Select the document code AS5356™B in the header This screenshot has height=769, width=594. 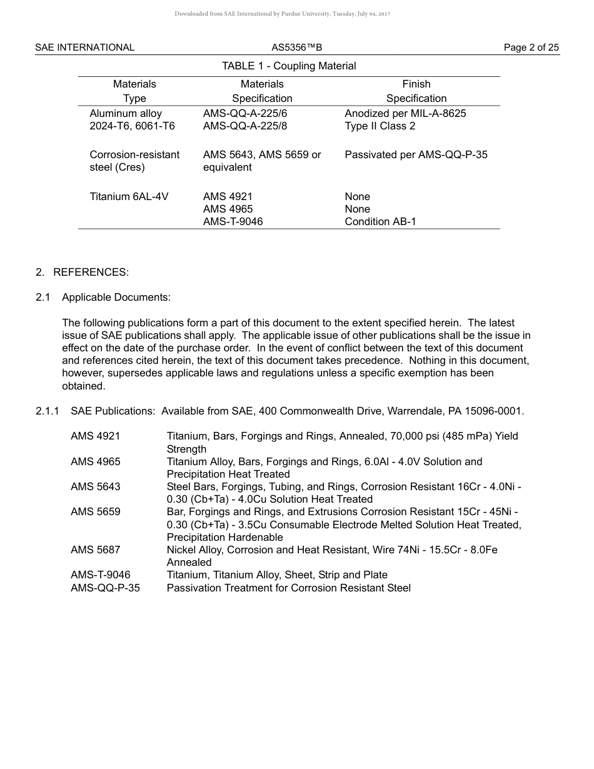296,48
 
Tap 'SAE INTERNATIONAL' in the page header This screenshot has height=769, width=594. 84,48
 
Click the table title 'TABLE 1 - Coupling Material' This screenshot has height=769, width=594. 289,66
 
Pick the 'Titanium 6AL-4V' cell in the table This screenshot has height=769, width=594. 129,196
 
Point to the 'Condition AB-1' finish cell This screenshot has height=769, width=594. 380,221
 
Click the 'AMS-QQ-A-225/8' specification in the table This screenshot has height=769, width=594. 245,126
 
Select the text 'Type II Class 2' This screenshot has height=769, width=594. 380,126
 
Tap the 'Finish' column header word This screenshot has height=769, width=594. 416,84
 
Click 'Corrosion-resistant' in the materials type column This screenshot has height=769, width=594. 134,154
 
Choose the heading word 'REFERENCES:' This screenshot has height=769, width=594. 91,272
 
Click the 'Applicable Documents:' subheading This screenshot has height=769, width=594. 116,297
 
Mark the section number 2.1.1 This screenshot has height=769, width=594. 48,411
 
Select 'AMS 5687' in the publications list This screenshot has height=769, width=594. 96,550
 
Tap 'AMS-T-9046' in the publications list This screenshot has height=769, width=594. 101,575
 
